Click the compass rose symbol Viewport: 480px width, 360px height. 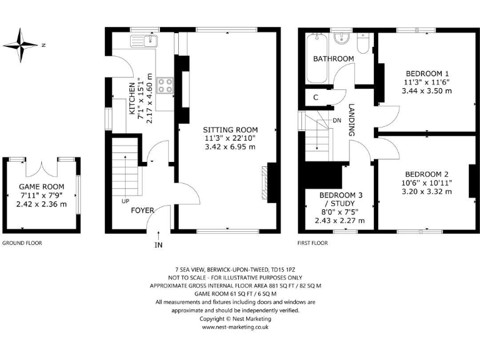(x=20, y=45)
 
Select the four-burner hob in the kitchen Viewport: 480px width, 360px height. (x=166, y=85)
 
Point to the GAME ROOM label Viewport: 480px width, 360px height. (x=42, y=187)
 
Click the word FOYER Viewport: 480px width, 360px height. (x=142, y=211)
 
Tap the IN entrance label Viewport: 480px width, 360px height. (x=158, y=245)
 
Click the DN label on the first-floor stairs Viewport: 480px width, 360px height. (x=337, y=120)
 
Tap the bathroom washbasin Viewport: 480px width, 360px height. (x=341, y=40)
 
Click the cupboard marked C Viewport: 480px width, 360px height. (x=316, y=97)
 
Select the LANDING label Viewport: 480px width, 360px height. (x=352, y=120)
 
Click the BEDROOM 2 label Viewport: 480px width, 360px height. (x=427, y=174)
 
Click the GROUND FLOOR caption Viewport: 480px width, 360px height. (x=22, y=242)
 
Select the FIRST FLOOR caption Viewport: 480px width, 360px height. (x=313, y=242)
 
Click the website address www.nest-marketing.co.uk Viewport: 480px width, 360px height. (x=235, y=326)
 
